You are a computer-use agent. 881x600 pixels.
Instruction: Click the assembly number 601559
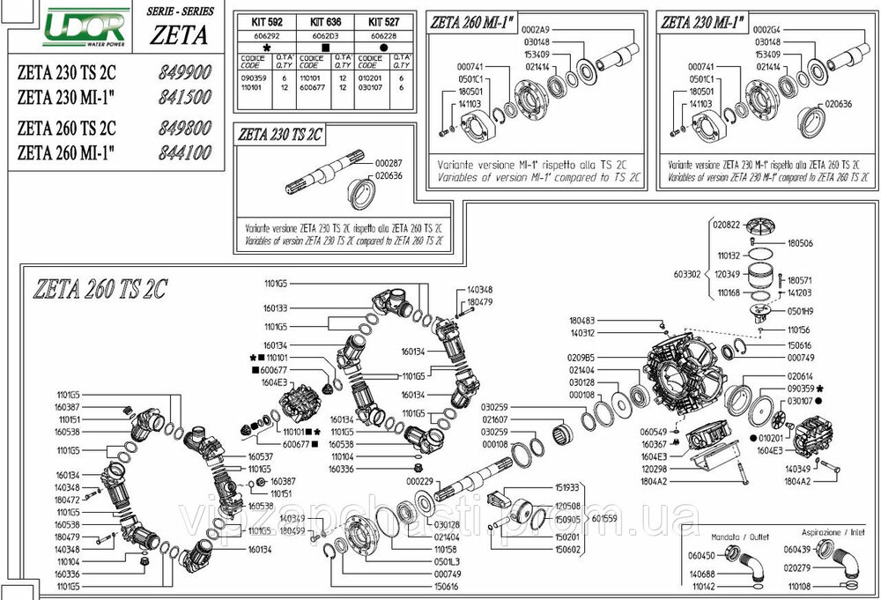[604, 519]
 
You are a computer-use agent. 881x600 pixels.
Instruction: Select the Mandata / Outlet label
[719, 535]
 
